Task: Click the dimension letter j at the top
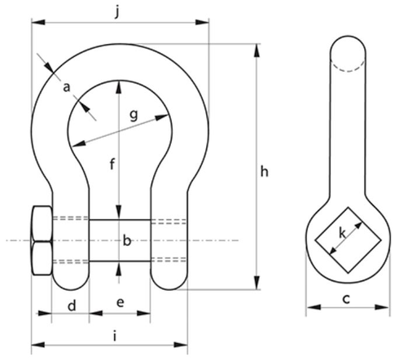click(117, 12)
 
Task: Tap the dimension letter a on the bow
click(67, 87)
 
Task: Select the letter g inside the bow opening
click(134, 116)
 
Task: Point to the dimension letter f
click(112, 165)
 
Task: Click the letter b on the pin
click(127, 240)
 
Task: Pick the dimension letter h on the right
click(264, 172)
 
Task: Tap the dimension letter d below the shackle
click(72, 305)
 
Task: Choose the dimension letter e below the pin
click(120, 302)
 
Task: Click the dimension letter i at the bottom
click(115, 336)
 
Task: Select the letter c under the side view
click(346, 299)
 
